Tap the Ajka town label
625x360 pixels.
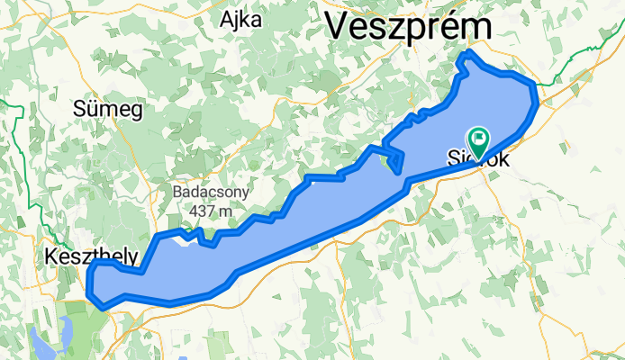tap(240, 19)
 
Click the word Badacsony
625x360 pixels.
tap(212, 192)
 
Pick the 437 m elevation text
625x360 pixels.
tap(212, 211)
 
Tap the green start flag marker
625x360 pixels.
tap(476, 140)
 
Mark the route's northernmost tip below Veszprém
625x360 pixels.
tap(466, 56)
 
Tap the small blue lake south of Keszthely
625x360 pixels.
tap(43, 340)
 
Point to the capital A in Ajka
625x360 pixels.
tap(225, 19)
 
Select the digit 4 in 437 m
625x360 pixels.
tap(195, 211)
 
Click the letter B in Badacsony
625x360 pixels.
tap(179, 192)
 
